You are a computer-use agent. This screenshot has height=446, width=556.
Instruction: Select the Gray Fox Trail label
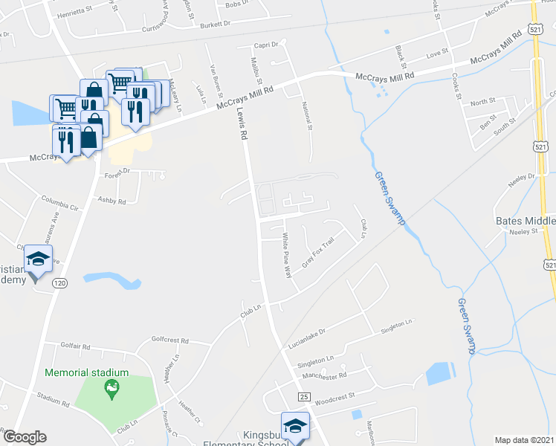point(318,253)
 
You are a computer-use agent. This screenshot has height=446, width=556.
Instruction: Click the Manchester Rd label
point(325,376)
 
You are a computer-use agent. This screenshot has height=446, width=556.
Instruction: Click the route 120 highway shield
point(60,282)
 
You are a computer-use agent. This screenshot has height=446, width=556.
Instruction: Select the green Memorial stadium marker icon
point(111,387)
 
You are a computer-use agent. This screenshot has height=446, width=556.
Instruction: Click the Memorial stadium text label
point(87,372)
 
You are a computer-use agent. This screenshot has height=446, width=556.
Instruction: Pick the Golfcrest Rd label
point(170,342)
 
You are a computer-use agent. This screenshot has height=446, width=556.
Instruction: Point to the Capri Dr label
point(265,45)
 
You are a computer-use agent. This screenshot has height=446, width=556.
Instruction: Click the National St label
point(306,116)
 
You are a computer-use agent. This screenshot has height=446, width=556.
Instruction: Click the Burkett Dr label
point(216,24)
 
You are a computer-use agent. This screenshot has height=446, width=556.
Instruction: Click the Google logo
point(25,437)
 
